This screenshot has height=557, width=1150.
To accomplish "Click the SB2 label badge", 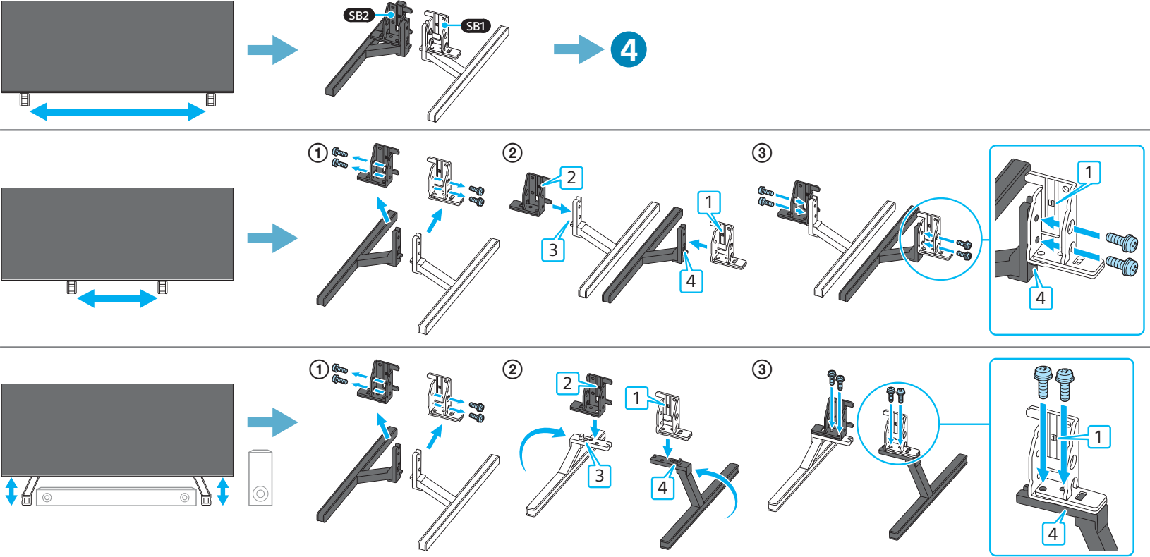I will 358,16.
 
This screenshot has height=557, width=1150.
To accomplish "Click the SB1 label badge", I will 476,26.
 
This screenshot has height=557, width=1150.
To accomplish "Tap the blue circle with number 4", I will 628,50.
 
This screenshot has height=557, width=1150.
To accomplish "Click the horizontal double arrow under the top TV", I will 117,111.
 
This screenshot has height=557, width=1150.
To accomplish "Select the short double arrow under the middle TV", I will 116,298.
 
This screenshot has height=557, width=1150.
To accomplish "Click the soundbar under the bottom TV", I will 116,497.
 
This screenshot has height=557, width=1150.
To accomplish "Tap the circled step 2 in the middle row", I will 512,153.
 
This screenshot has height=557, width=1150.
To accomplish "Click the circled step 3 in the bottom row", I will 762,369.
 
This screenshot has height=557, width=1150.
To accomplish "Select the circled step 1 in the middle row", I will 318,153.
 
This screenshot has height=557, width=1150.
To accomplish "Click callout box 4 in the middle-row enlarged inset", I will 1040,298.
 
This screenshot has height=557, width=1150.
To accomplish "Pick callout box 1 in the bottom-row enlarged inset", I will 1098,437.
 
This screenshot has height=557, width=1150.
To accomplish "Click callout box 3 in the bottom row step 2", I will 599,476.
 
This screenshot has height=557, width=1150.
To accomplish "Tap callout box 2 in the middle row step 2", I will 571,178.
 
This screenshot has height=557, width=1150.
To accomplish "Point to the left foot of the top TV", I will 24,99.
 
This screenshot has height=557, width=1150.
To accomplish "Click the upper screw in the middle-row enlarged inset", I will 1121,241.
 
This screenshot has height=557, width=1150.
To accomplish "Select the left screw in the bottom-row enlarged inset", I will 1043,381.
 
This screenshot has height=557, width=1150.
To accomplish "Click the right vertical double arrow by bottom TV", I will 223,491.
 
